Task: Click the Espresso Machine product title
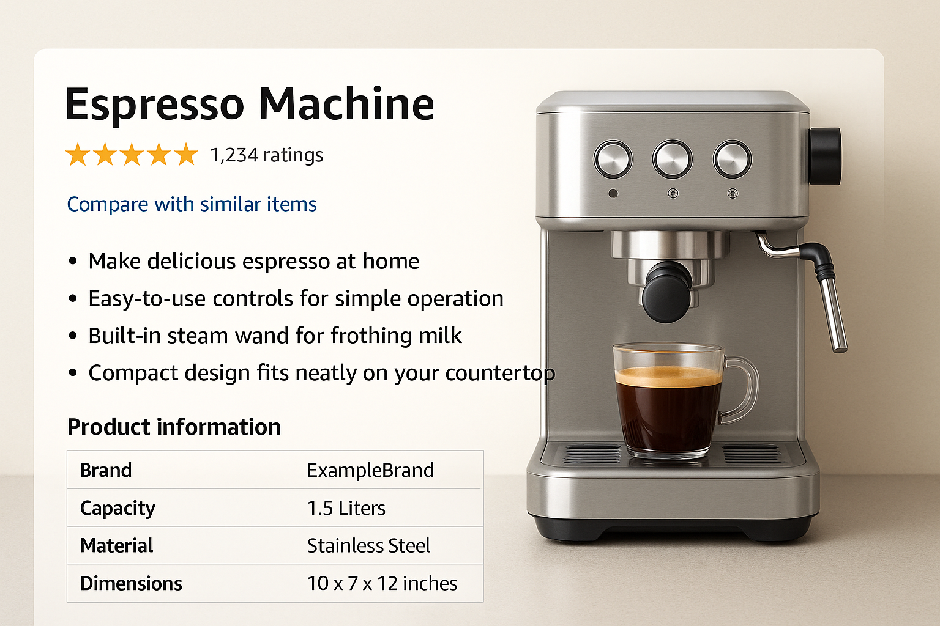pos(249,104)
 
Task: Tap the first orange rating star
pos(78,155)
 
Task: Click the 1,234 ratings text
pos(266,155)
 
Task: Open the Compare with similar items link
pos(192,204)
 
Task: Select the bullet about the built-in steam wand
pos(275,336)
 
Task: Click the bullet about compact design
pos(321,373)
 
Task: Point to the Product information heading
pos(174,427)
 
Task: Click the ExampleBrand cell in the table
pos(370,470)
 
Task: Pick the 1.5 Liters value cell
pos(346,508)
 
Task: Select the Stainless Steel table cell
pos(368,545)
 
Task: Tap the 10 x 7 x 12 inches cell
pos(382,583)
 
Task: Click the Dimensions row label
pos(131,583)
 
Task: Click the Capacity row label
pos(117,508)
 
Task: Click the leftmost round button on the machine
pos(613,160)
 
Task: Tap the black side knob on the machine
pos(824,156)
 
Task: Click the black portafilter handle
pos(667,292)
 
